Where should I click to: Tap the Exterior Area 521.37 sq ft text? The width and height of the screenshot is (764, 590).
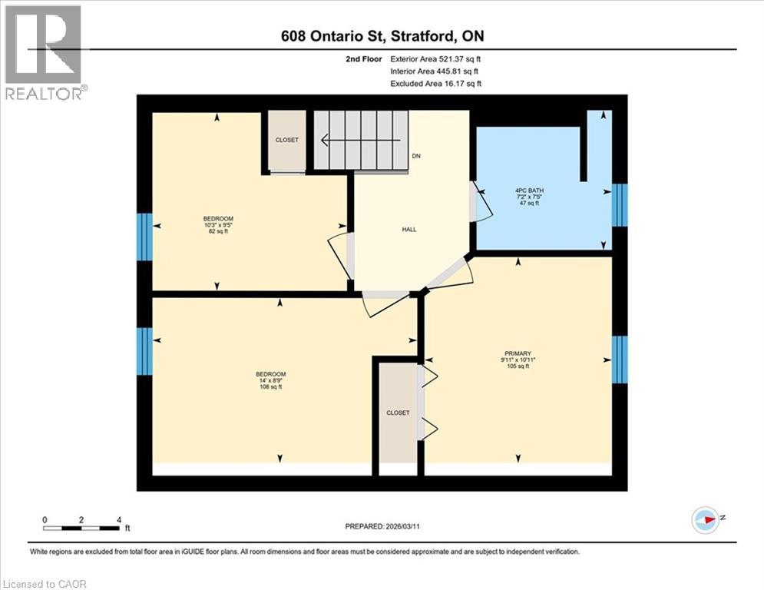pyautogui.click(x=436, y=58)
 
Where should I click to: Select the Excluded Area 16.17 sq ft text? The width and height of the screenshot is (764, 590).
pyautogui.click(x=436, y=83)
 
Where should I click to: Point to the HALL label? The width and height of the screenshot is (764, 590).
pyautogui.click(x=409, y=230)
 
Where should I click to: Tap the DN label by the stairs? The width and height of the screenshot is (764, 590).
pyautogui.click(x=417, y=156)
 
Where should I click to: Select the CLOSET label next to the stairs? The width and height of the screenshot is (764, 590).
pyautogui.click(x=287, y=140)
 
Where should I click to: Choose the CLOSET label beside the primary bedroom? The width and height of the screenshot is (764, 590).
pyautogui.click(x=398, y=413)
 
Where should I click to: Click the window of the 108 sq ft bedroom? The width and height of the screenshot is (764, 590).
pyautogui.click(x=144, y=351)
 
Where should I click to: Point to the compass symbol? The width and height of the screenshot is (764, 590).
pyautogui.click(x=704, y=519)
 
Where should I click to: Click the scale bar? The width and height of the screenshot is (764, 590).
pyautogui.click(x=82, y=528)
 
